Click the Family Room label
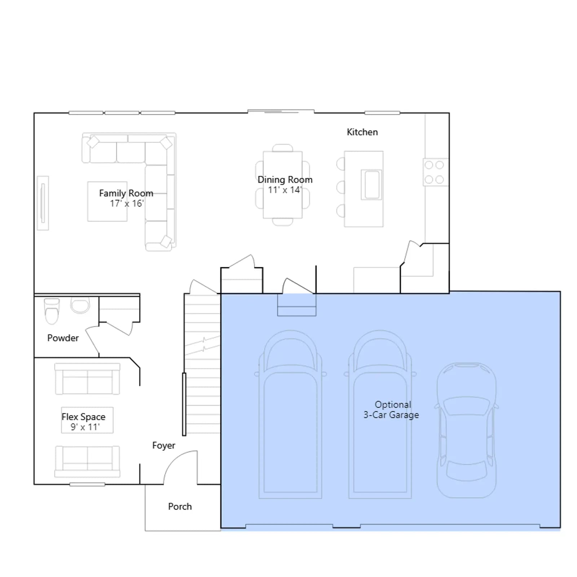126,193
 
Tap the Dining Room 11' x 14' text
285,185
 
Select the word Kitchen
362,132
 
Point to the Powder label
63,338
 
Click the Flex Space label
83,417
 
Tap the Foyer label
163,446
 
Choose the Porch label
180,506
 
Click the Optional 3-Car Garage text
391,410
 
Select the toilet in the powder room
52,311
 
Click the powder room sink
80,305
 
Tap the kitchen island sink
371,184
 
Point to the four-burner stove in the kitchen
436,172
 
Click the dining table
283,185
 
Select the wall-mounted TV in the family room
43,203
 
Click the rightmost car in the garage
466,430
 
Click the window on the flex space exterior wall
87,484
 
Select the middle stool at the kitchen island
340,188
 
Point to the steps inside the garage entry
297,305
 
